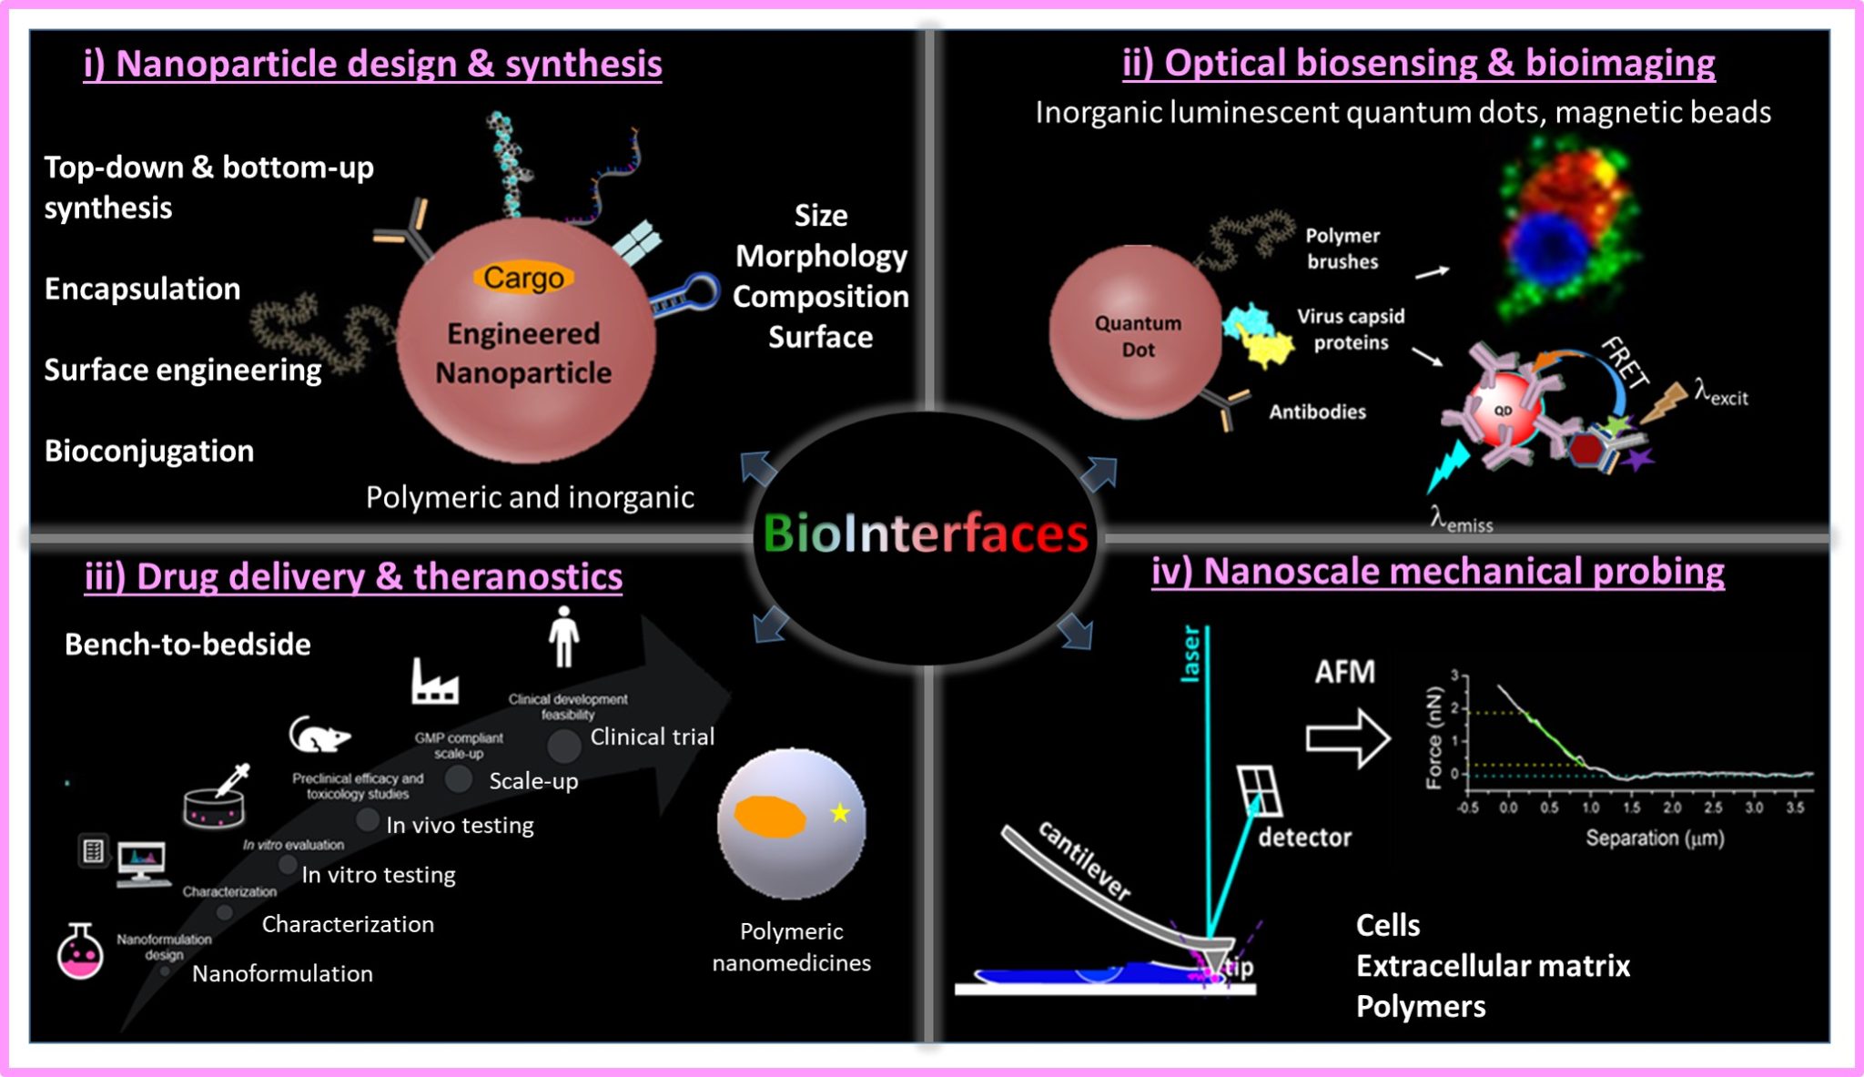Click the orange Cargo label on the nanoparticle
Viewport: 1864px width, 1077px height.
[523, 278]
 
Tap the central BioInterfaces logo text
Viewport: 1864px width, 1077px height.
[926, 534]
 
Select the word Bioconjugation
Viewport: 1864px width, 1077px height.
[149, 451]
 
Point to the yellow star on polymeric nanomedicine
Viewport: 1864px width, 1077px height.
[840, 813]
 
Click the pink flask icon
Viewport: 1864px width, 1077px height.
[80, 952]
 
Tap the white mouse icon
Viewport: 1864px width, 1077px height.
[318, 734]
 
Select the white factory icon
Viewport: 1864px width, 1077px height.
[434, 683]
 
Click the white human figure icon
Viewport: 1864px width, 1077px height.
[563, 636]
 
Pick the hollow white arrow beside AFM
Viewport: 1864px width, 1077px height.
[1348, 738]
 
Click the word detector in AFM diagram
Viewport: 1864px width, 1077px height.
[1304, 838]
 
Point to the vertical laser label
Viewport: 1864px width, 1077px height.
[1190, 654]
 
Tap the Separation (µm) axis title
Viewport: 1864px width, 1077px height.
[1654, 838]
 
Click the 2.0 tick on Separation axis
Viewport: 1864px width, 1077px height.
[1672, 808]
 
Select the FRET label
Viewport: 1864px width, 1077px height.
[1626, 362]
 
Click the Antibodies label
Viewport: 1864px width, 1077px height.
[1317, 412]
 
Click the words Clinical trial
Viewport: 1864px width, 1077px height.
[652, 737]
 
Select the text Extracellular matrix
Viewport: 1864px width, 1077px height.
[1493, 966]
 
